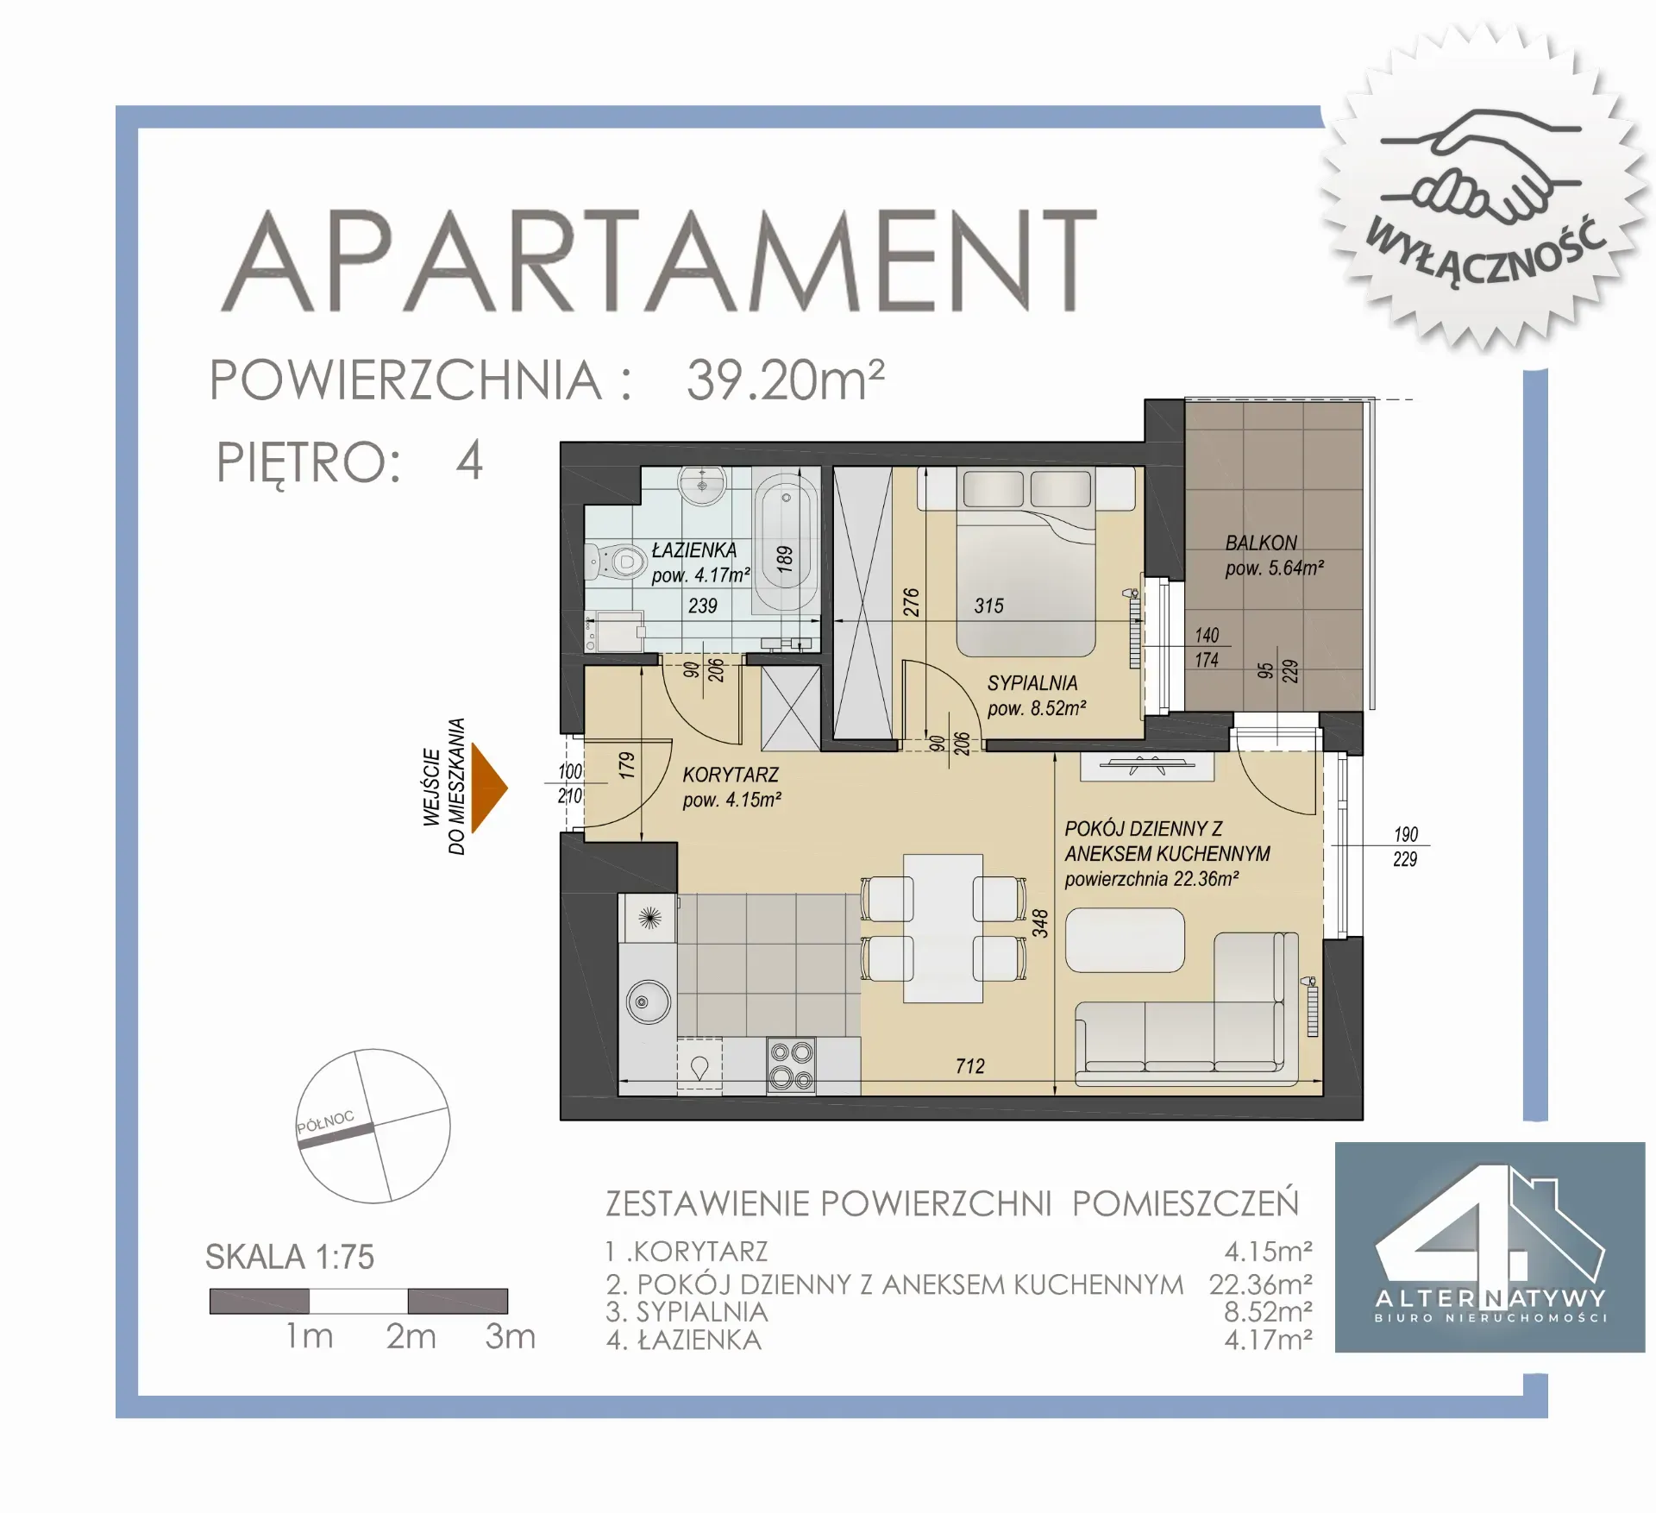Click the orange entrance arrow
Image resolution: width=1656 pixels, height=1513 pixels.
tap(487, 787)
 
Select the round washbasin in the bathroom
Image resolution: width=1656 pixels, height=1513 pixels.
tap(703, 486)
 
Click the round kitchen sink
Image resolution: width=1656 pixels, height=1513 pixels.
tap(647, 1001)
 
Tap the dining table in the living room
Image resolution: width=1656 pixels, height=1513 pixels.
tap(943, 928)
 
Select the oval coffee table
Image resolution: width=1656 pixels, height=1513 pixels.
tap(1125, 940)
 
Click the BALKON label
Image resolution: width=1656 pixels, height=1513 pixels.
tap(1261, 543)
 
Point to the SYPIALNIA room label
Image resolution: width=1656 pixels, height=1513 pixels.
tap(1032, 683)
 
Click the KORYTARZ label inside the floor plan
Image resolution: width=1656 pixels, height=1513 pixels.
tap(731, 775)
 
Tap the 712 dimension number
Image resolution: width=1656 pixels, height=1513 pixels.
tap(970, 1066)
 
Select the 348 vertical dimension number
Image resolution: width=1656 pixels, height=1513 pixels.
tap(1041, 923)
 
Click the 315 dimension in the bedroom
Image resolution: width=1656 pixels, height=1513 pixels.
tap(989, 606)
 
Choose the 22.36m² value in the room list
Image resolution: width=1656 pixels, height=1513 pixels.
tap(1260, 1284)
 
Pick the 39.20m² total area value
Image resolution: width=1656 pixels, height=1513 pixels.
tap(786, 380)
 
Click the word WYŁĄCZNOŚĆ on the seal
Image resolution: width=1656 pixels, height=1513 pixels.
tap(1486, 250)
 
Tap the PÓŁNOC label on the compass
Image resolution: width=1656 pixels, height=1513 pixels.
tap(325, 1122)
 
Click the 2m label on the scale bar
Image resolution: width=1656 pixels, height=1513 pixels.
tap(411, 1336)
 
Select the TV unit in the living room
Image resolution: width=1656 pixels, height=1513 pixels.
tap(1147, 766)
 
